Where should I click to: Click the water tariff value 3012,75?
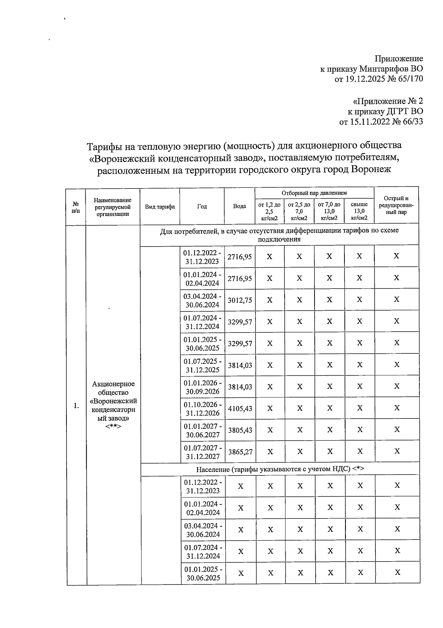(x=240, y=300)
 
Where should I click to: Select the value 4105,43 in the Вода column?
(x=240, y=408)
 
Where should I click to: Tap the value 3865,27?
(x=240, y=452)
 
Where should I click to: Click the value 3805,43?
(x=240, y=430)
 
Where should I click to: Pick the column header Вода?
(x=240, y=206)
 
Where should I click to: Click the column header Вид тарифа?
(x=160, y=207)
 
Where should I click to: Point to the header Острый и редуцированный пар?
(x=396, y=206)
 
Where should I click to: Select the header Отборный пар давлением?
(x=314, y=193)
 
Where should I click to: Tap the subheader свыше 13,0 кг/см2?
(x=359, y=211)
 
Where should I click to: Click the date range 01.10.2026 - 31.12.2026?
(x=203, y=408)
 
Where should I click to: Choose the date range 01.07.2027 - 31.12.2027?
(x=203, y=452)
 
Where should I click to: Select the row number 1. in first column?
(x=76, y=406)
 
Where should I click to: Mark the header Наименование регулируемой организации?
(x=113, y=207)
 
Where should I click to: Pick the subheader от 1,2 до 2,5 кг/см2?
(x=269, y=211)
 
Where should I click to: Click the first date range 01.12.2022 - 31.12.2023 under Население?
(x=203, y=486)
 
